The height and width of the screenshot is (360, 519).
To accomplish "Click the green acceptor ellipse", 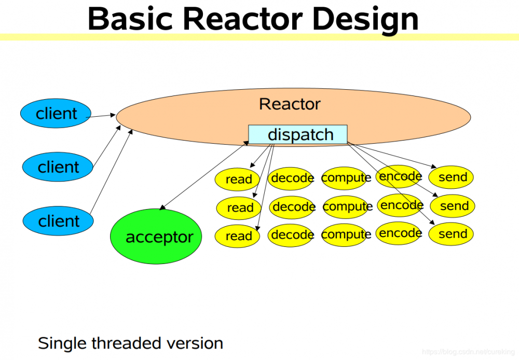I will pyautogui.click(x=156, y=237).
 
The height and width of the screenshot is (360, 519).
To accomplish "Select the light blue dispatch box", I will pyautogui.click(x=298, y=135).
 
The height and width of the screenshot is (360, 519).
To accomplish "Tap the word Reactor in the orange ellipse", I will pyautogui.click(x=290, y=104).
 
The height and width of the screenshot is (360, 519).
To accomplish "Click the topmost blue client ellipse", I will pyautogui.click(x=56, y=114).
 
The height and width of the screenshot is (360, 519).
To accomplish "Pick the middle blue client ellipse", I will pyautogui.click(x=58, y=167).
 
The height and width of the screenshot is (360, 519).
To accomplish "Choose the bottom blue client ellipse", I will pyautogui.click(x=58, y=221).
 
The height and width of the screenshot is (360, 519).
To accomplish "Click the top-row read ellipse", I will pyautogui.click(x=237, y=179).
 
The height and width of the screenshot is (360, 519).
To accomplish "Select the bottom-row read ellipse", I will pyautogui.click(x=237, y=236).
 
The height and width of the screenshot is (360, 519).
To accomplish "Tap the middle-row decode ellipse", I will pyautogui.click(x=293, y=207).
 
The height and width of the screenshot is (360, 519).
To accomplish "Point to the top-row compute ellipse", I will pyautogui.click(x=346, y=178).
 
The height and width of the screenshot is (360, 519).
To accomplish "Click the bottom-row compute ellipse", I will pyautogui.click(x=346, y=234).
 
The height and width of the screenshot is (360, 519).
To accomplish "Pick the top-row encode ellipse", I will pyautogui.click(x=400, y=176).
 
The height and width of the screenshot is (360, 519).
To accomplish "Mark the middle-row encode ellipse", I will pyautogui.click(x=401, y=205).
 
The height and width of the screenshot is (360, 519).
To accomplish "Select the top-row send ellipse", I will pyautogui.click(x=452, y=177).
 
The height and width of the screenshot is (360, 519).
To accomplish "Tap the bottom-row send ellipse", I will pyautogui.click(x=452, y=234).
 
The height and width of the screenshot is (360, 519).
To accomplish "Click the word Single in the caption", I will pyautogui.click(x=62, y=343).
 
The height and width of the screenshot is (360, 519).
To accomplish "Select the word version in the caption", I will pyautogui.click(x=197, y=343).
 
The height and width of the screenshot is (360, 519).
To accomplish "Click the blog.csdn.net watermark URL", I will pyautogui.click(x=466, y=352).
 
